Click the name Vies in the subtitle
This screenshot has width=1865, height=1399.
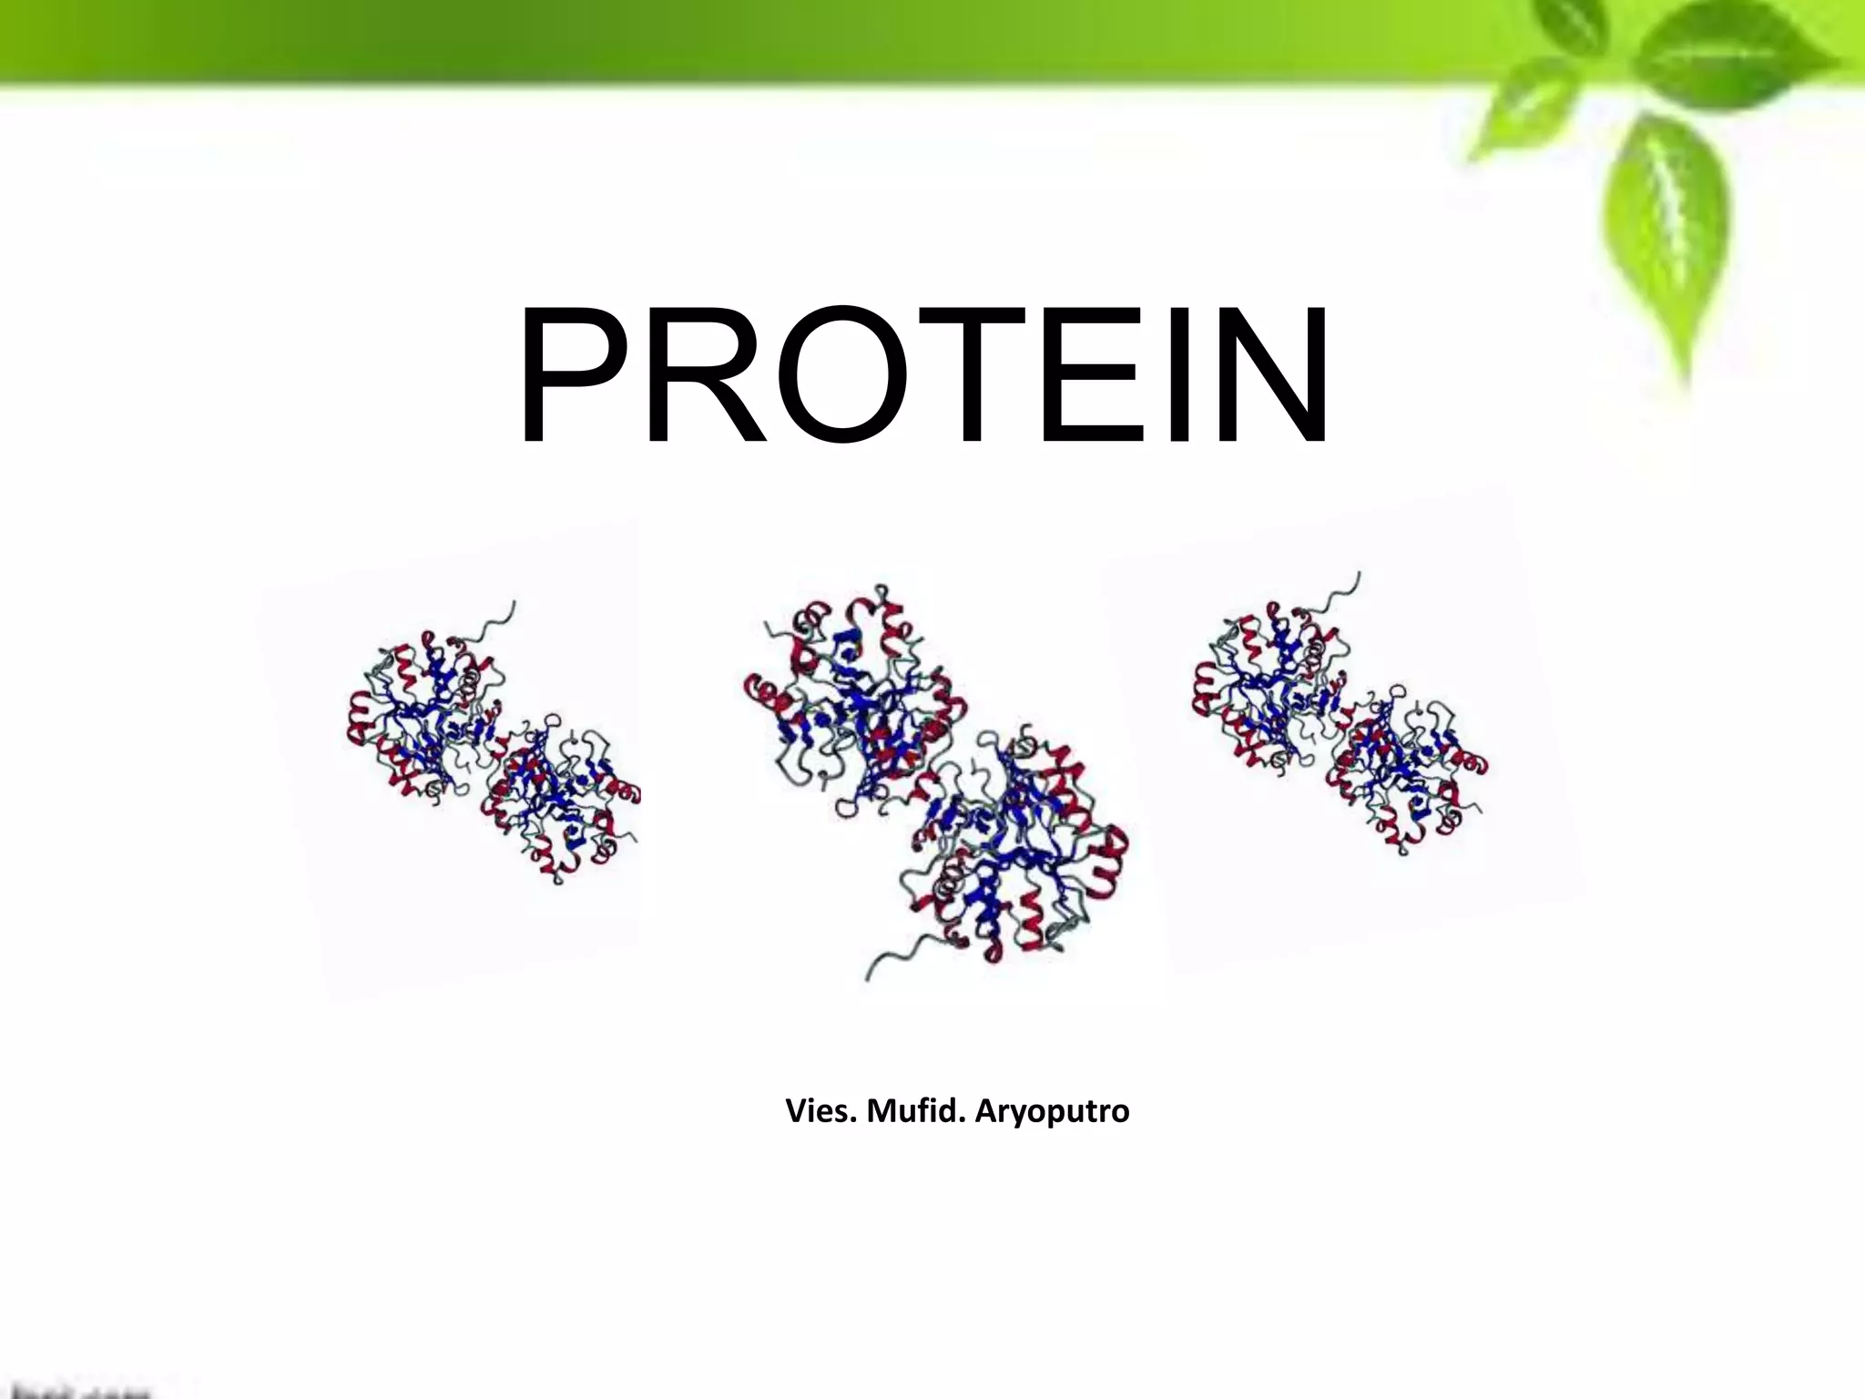pyautogui.click(x=820, y=1111)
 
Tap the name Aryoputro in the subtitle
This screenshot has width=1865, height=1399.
pyautogui.click(x=1052, y=1111)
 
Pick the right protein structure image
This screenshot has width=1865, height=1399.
pyautogui.click(x=1339, y=720)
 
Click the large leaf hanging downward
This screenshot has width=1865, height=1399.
pyautogui.click(x=1666, y=237)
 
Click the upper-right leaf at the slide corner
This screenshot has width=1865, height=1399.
pyautogui.click(x=1730, y=55)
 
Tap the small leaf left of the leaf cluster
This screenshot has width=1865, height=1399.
pyautogui.click(x=1530, y=109)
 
